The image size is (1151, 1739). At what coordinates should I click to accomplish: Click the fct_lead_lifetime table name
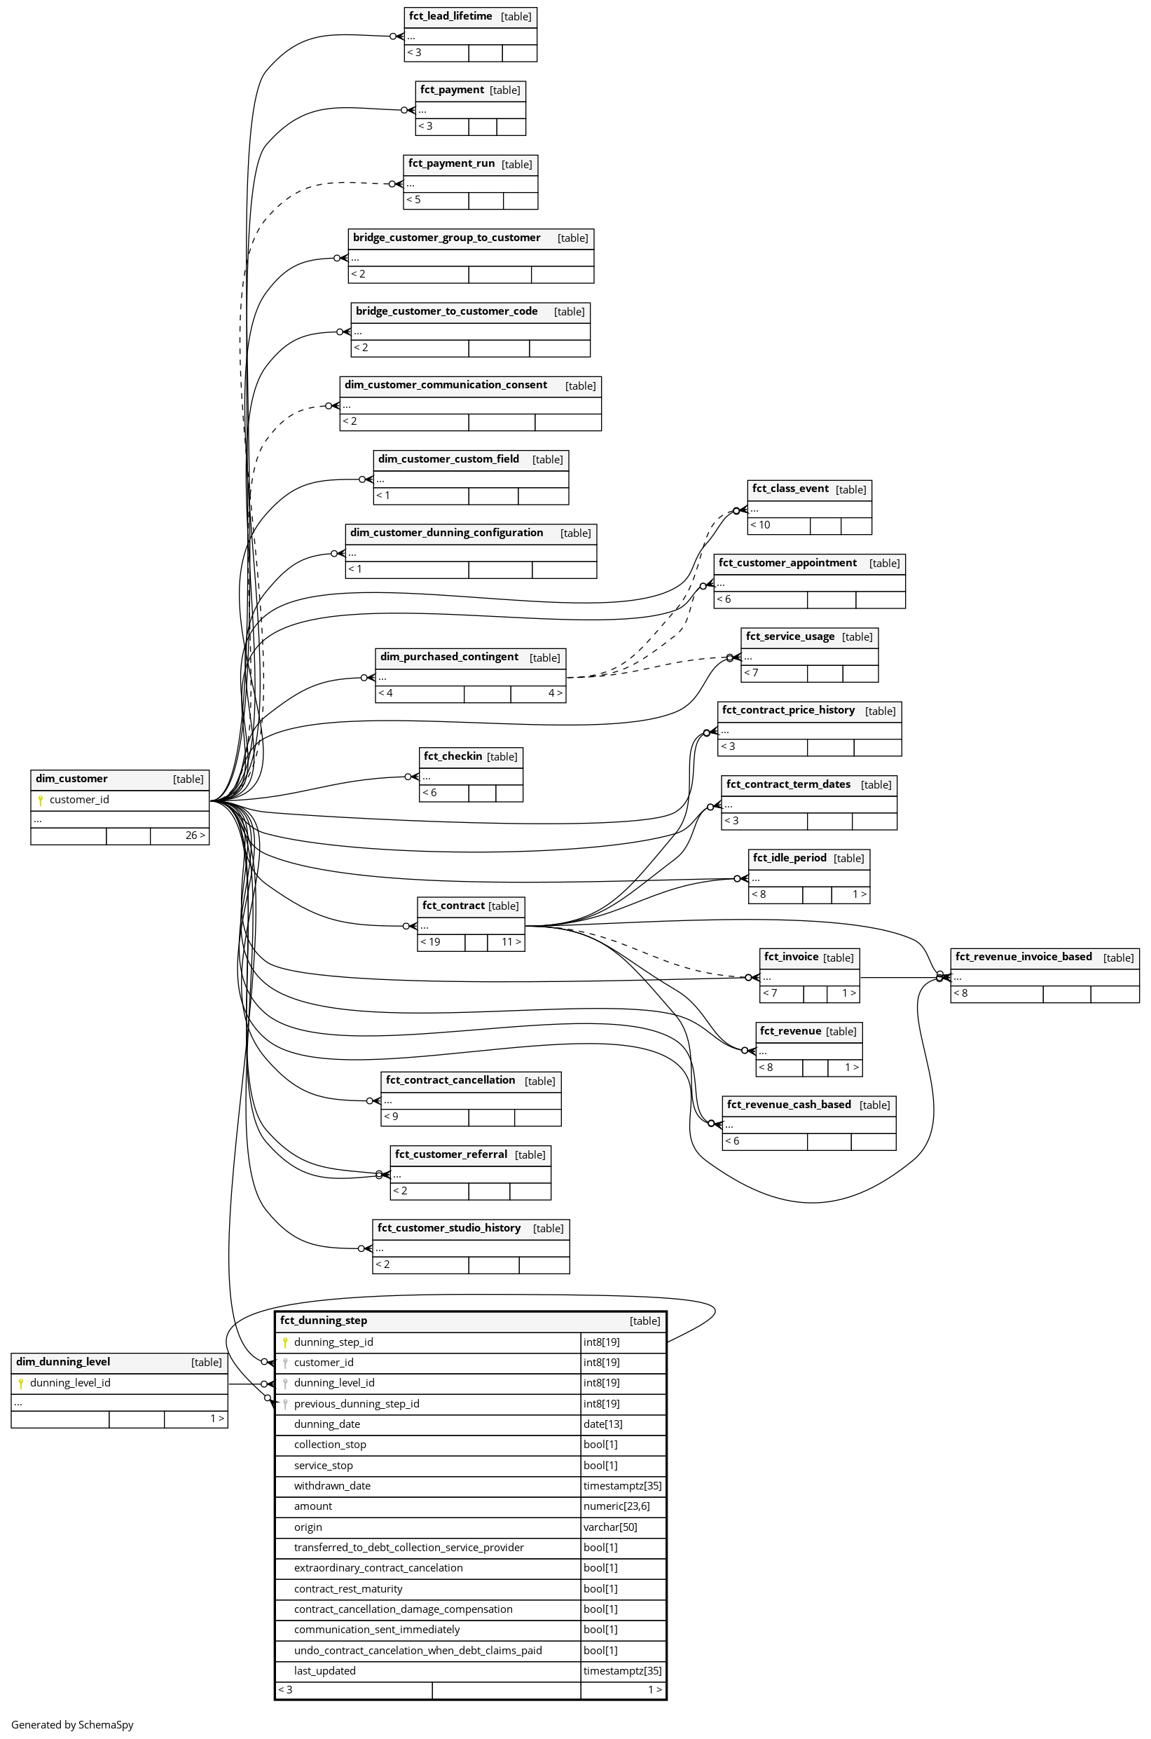click(450, 16)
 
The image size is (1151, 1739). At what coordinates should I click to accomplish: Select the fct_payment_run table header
click(471, 165)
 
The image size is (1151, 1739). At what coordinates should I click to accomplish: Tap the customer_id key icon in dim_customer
click(41, 800)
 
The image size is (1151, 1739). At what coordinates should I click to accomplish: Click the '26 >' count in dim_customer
click(195, 836)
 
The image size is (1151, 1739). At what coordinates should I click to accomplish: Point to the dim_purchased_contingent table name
click(449, 657)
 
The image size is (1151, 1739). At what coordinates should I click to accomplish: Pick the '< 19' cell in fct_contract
click(441, 942)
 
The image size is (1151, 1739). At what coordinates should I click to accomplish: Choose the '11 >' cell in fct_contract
click(506, 942)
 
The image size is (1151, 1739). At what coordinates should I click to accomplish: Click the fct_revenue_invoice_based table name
click(1024, 957)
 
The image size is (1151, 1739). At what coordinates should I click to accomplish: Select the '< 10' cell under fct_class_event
click(779, 526)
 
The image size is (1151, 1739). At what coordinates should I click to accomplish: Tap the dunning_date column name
click(327, 1424)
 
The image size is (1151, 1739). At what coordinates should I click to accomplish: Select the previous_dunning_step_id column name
click(357, 1403)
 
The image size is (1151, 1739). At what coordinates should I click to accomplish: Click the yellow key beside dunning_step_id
click(285, 1342)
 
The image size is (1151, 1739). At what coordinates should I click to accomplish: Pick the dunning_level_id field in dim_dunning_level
click(71, 1383)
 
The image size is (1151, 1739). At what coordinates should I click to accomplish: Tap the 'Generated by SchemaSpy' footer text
click(72, 1724)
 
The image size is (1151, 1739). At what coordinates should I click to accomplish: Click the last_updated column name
click(324, 1671)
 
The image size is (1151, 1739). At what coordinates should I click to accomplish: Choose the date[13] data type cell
click(602, 1424)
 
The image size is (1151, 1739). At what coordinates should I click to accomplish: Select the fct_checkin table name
click(453, 756)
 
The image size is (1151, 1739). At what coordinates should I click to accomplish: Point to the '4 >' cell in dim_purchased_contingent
click(555, 694)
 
